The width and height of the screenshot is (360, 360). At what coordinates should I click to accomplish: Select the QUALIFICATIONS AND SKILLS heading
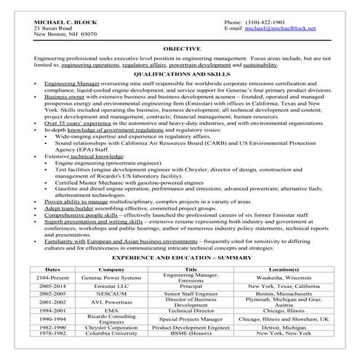[x=180, y=75]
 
